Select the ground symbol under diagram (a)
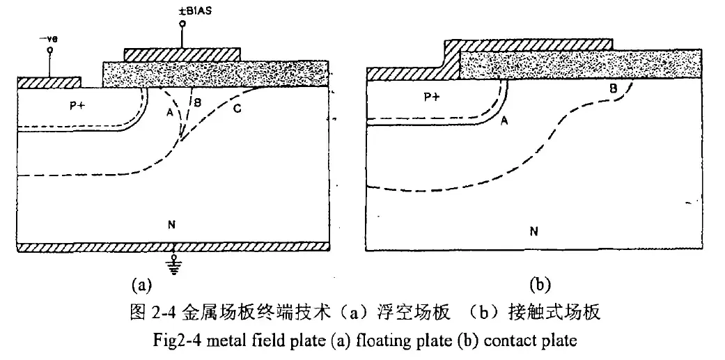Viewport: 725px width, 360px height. pos(174,265)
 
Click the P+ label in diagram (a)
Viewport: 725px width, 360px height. pos(77,105)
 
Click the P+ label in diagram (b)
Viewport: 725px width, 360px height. pos(431,97)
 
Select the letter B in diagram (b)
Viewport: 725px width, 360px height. pos(613,88)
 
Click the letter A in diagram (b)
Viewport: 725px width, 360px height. pos(504,121)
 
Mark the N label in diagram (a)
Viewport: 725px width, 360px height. pos(173,225)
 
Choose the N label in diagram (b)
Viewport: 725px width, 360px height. pos(534,231)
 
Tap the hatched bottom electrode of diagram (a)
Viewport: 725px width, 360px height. pos(173,246)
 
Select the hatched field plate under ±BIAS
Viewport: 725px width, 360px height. pos(182,54)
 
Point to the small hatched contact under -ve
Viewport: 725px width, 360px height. pos(49,83)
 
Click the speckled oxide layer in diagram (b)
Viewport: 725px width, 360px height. pos(580,65)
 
